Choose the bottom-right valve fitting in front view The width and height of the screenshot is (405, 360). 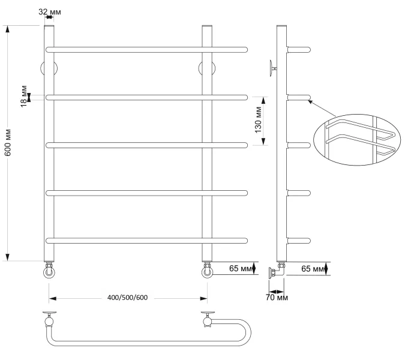coord(207,271)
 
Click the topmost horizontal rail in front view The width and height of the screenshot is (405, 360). coord(146,48)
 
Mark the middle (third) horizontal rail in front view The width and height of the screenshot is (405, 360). coord(146,145)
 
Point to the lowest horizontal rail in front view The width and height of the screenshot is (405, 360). coord(146,241)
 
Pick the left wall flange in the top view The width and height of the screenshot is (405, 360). coord(49,314)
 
